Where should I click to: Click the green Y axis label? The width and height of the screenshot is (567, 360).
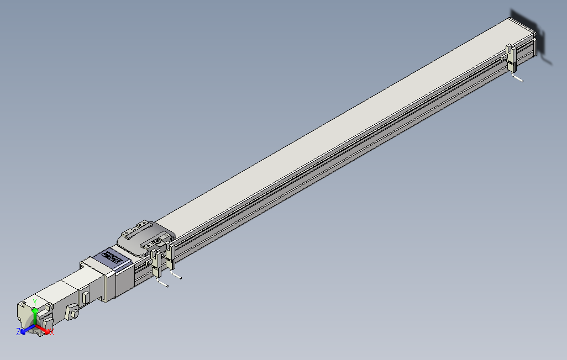pyautogui.click(x=35, y=301)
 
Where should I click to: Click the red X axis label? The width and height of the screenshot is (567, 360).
pyautogui.click(x=51, y=332)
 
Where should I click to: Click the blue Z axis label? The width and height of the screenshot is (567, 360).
pyautogui.click(x=18, y=331)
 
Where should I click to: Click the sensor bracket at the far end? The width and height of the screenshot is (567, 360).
pyautogui.click(x=512, y=58)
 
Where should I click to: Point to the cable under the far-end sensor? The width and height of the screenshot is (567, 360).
pyautogui.click(x=517, y=78)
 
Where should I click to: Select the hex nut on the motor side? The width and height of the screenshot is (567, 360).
pyautogui.click(x=72, y=313)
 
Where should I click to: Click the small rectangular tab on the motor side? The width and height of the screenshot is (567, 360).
pyautogui.click(x=86, y=297)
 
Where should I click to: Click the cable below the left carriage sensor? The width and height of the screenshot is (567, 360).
pyautogui.click(x=162, y=284)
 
